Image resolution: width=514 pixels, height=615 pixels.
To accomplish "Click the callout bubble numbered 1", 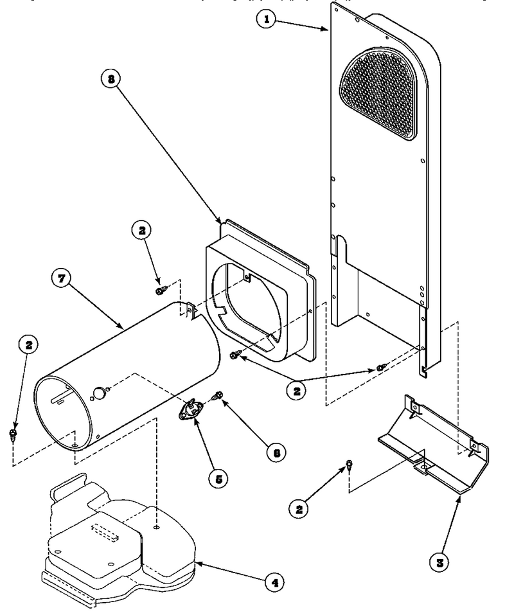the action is [267, 19].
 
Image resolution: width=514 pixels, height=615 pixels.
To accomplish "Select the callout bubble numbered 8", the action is [111, 79].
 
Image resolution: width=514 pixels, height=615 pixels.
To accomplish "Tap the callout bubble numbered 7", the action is [62, 278].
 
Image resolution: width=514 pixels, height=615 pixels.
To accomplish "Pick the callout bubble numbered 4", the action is [275, 583].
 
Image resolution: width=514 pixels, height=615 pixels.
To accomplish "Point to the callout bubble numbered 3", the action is [439, 563].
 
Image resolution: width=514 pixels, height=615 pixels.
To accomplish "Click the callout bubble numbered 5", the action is [219, 479].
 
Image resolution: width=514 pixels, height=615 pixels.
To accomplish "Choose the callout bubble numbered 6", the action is [276, 452].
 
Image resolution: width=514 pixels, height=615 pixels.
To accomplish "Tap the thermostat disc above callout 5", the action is [190, 409].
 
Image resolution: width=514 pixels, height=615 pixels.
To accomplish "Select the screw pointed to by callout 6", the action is [217, 395].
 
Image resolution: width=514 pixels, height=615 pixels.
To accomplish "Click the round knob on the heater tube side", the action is [99, 392].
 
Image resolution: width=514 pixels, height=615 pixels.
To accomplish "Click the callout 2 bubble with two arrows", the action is [296, 390].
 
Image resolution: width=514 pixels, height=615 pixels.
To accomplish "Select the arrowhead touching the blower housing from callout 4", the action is [199, 564].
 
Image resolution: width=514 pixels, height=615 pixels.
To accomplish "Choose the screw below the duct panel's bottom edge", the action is [380, 368].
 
